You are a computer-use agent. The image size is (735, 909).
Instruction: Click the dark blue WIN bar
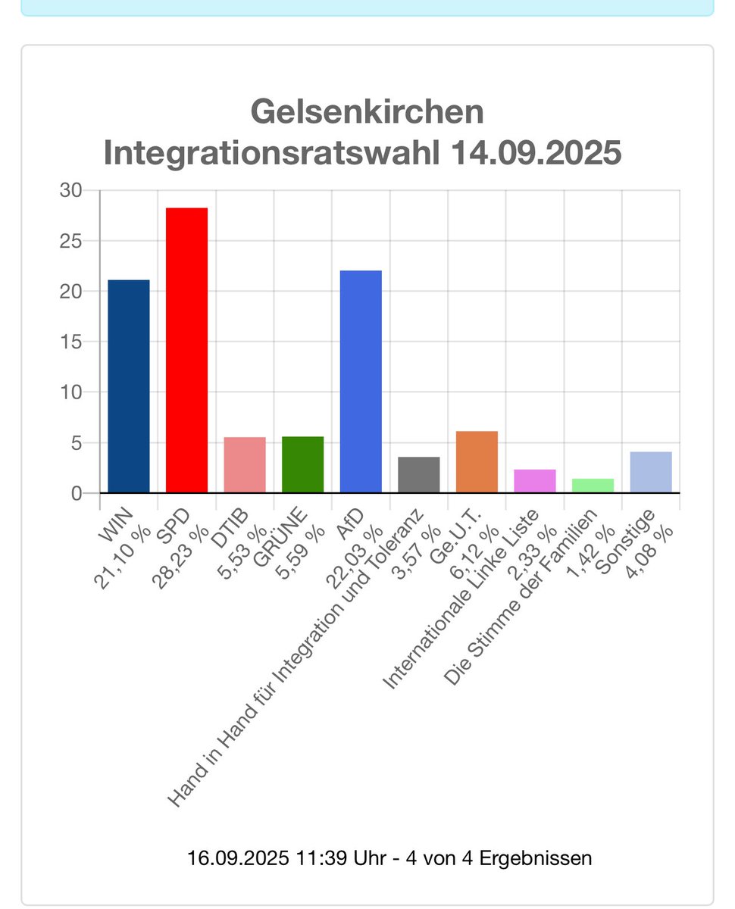pyautogui.click(x=129, y=386)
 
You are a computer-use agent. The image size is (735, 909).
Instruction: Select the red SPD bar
pyautogui.click(x=186, y=350)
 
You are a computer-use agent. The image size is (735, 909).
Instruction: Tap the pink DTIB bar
pyautogui.click(x=244, y=464)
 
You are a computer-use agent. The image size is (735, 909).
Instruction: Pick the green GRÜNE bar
pyautogui.click(x=302, y=464)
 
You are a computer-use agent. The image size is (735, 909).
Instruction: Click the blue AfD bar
pyautogui.click(x=361, y=381)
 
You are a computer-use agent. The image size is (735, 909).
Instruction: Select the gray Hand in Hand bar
pyautogui.click(x=418, y=474)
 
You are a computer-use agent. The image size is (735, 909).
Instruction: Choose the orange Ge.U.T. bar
pyautogui.click(x=477, y=461)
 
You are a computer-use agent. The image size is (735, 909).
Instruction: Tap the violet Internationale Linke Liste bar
pyautogui.click(x=534, y=481)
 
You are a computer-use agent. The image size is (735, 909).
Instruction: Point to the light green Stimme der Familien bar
pyautogui.click(x=593, y=486)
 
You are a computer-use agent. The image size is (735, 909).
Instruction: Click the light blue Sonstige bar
pyautogui.click(x=651, y=472)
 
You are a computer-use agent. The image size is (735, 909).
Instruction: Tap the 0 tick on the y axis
pyautogui.click(x=76, y=493)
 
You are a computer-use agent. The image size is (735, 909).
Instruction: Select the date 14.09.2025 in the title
pyautogui.click(x=535, y=153)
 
